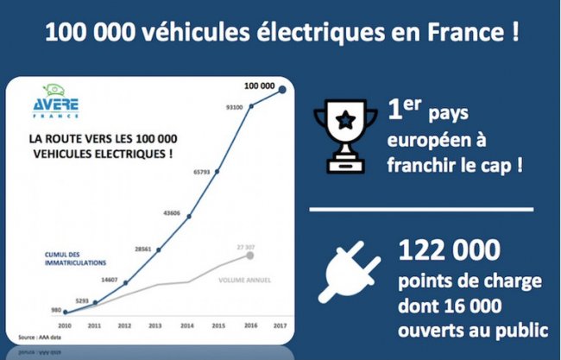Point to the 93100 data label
tap(233, 108)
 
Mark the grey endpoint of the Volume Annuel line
tap(250, 256)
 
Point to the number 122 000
tap(449, 251)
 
